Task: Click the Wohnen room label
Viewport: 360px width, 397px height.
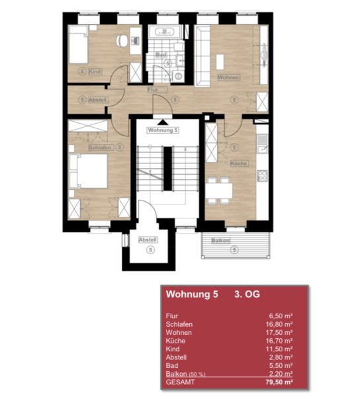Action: pyautogui.click(x=228, y=77)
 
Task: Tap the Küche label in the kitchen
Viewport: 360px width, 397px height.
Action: pyautogui.click(x=239, y=163)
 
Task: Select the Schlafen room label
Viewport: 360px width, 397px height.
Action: pyautogui.click(x=100, y=148)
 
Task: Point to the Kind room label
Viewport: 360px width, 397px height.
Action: pyautogui.click(x=95, y=71)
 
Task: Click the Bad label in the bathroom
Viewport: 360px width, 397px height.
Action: pyautogui.click(x=161, y=55)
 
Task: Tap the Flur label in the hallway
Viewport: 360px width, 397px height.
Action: pyautogui.click(x=153, y=89)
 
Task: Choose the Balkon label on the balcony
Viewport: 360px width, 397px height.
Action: pyautogui.click(x=221, y=241)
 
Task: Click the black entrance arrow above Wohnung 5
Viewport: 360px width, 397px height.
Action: pyautogui.click(x=163, y=122)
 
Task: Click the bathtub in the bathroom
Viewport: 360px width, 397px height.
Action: pyautogui.click(x=165, y=31)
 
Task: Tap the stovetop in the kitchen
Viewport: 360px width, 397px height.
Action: pyautogui.click(x=262, y=176)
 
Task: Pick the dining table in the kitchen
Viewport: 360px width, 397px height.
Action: pyautogui.click(x=219, y=191)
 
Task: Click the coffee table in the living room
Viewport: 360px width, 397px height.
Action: pyautogui.click(x=220, y=62)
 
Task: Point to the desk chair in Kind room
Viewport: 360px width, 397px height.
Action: pyautogui.click(x=122, y=40)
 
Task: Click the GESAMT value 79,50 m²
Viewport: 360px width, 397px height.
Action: pyautogui.click(x=279, y=382)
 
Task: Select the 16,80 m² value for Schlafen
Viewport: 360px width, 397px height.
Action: pyautogui.click(x=279, y=324)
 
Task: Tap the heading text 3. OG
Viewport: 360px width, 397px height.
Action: pyautogui.click(x=247, y=294)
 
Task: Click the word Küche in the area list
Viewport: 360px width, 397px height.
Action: pyautogui.click(x=175, y=341)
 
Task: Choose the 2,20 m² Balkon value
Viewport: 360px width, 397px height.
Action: pyautogui.click(x=281, y=374)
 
